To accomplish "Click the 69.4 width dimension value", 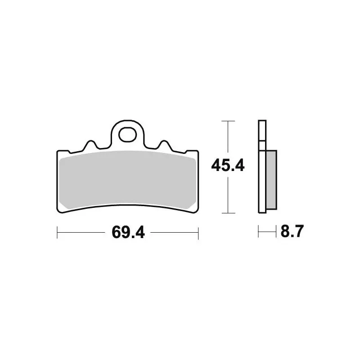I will [127, 233].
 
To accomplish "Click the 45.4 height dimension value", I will [228, 166].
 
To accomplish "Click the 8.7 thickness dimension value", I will [292, 233].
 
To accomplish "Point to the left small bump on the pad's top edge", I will [90, 145].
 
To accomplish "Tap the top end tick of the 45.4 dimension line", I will [229, 121].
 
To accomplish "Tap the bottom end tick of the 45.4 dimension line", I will [229, 213].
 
